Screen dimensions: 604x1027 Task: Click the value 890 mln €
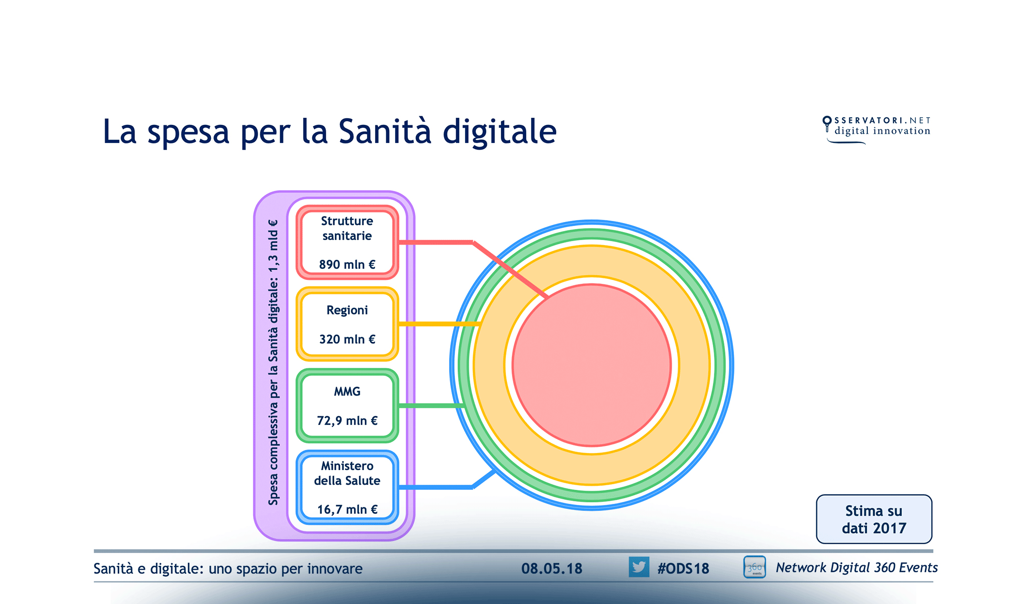point(347,264)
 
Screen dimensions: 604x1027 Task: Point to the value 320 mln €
point(347,339)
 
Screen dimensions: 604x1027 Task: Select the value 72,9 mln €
point(347,420)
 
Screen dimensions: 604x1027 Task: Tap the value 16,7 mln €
point(347,509)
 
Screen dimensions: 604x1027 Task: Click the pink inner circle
point(592,365)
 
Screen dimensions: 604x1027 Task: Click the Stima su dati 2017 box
point(873,519)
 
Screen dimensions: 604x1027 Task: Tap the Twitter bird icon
point(638,567)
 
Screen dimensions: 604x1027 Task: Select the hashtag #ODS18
point(683,569)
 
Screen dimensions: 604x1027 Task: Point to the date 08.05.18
point(551,569)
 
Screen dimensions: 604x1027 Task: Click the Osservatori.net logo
point(876,129)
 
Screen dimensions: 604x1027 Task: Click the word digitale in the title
point(499,132)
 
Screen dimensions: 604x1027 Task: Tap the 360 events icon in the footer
point(754,567)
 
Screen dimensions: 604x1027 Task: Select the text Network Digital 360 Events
point(856,568)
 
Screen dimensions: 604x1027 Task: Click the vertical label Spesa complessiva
point(273,362)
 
